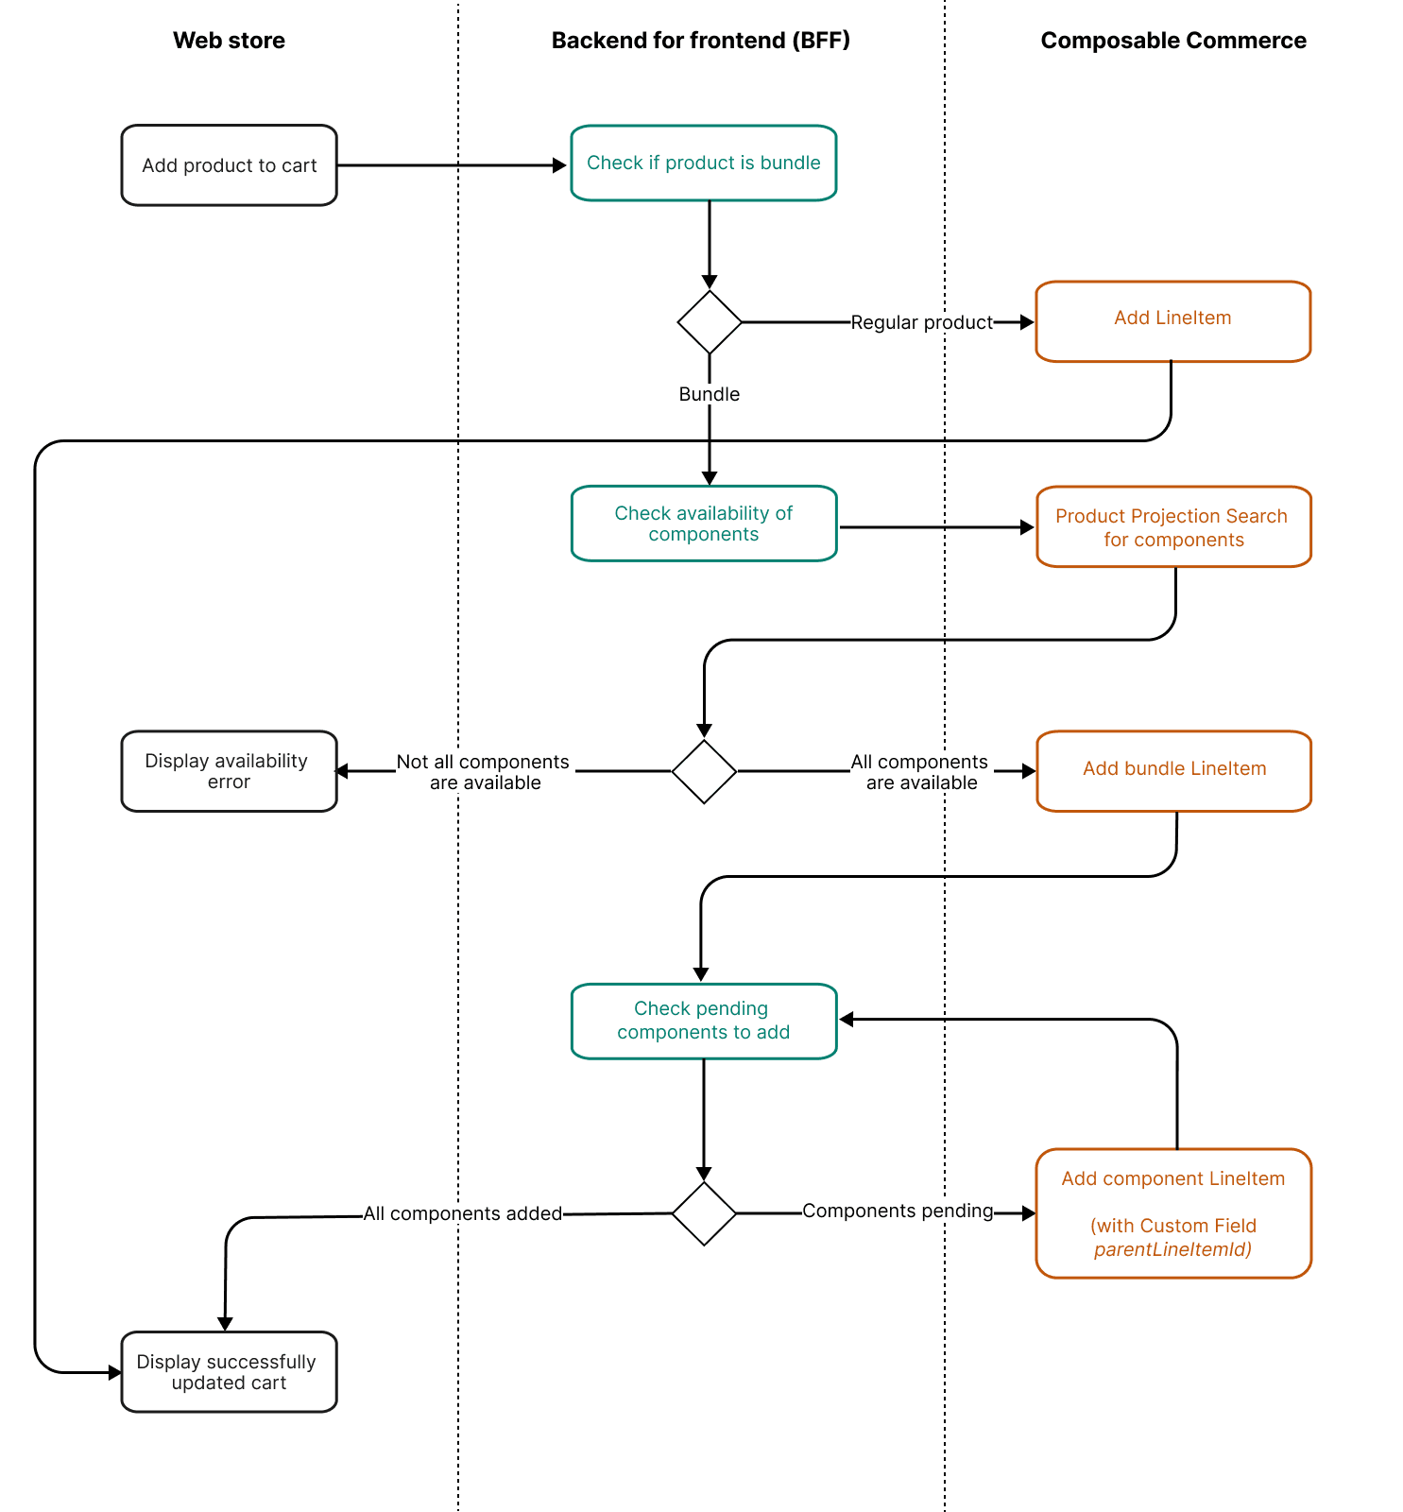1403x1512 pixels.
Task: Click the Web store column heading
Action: [229, 41]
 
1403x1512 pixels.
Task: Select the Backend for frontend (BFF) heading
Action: [700, 41]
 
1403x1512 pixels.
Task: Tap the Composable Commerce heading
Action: [1172, 41]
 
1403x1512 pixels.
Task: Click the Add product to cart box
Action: [229, 165]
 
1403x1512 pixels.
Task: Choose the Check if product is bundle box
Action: [703, 163]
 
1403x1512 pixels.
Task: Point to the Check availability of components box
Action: [703, 524]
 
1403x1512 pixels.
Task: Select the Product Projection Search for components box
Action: [1172, 527]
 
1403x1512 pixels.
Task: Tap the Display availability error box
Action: [229, 771]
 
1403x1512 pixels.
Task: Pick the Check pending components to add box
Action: [703, 1021]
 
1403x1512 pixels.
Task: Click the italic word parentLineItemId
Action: [1172, 1249]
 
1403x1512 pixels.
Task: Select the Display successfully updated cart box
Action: [229, 1372]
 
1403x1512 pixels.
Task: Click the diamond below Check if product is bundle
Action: [710, 322]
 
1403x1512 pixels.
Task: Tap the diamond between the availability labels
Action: [704, 771]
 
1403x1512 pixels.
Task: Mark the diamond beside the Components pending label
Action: [704, 1213]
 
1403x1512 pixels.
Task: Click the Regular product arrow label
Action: [921, 322]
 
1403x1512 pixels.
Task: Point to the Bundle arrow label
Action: [709, 394]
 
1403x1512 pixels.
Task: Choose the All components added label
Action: [463, 1213]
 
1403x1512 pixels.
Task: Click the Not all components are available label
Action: [484, 772]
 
